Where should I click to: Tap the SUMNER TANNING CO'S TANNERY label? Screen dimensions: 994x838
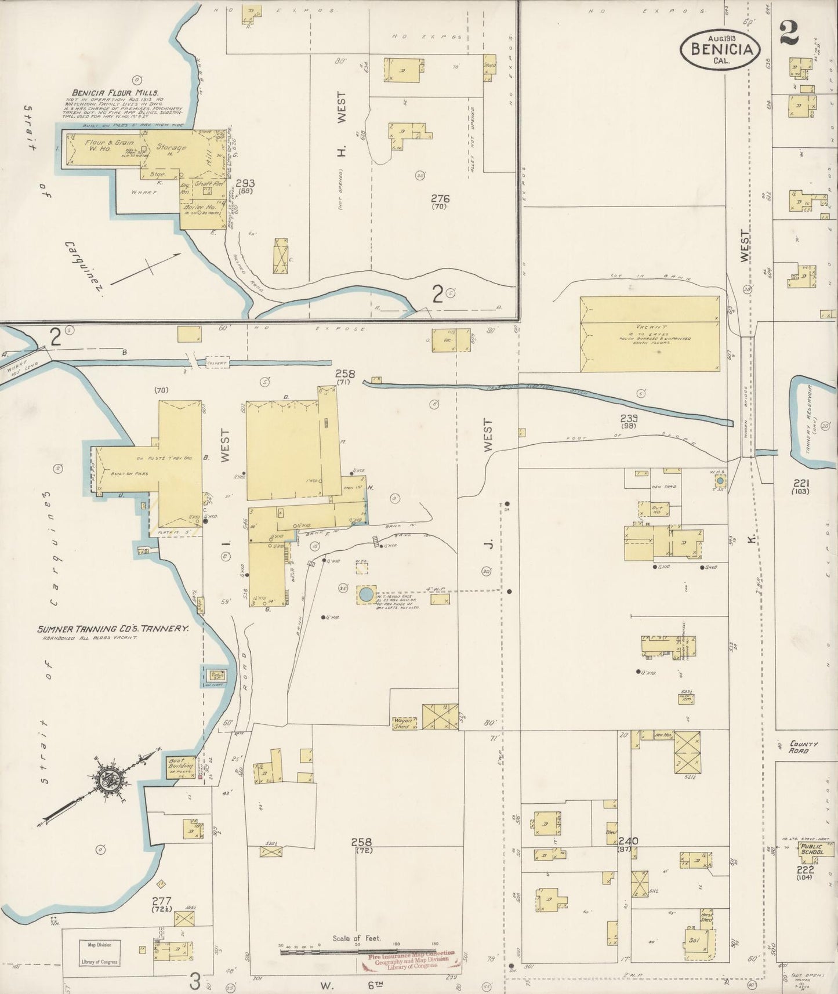point(113,628)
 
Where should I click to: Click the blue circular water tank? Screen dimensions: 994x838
point(366,594)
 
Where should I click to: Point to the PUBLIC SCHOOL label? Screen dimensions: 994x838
point(811,850)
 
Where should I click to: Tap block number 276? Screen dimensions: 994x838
point(440,199)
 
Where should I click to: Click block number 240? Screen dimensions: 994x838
point(628,841)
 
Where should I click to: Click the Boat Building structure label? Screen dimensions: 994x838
point(180,766)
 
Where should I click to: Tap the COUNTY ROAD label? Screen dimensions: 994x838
point(803,747)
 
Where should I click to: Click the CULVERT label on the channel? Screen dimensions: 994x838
point(217,364)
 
